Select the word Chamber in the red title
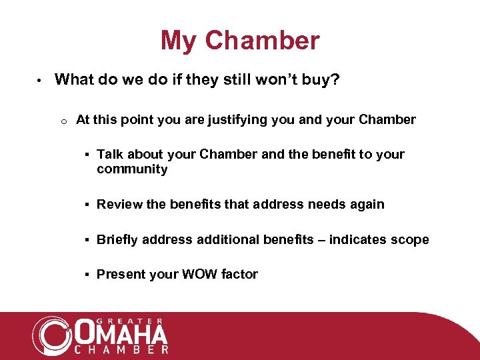(262, 41)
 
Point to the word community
(132, 169)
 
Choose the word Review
(119, 204)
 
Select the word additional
(224, 239)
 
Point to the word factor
(239, 274)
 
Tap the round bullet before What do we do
(39, 81)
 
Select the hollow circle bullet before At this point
(61, 121)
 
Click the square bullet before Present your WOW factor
(88, 274)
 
